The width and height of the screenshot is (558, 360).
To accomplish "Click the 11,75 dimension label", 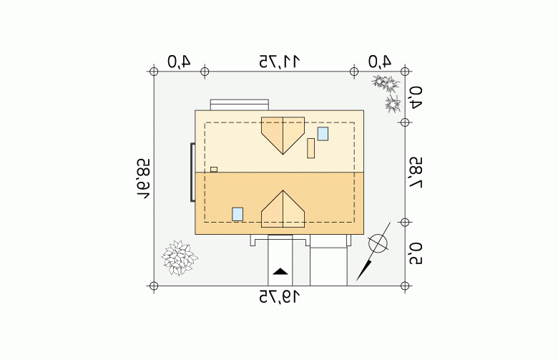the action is [279, 62].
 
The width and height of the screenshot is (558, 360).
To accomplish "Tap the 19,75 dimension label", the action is [279, 296].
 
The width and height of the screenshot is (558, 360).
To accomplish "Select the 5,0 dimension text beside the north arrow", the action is [416, 254].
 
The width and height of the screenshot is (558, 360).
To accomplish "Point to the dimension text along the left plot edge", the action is [143, 179].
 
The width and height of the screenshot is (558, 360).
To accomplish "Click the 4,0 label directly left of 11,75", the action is [179, 62].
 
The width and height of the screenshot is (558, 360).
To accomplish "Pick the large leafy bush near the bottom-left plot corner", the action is [180, 258].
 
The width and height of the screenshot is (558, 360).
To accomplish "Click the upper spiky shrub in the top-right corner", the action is [386, 83].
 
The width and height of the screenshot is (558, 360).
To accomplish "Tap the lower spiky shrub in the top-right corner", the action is [393, 104].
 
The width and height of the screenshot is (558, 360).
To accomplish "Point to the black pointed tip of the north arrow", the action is [357, 280].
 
